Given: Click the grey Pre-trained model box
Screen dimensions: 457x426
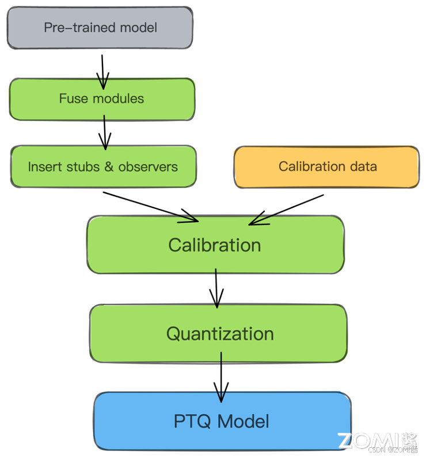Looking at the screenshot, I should click(x=100, y=27).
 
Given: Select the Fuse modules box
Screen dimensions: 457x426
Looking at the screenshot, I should click(x=102, y=99).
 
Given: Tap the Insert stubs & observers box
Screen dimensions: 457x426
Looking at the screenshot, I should click(x=103, y=167).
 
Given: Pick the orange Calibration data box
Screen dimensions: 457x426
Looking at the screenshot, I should click(x=326, y=167).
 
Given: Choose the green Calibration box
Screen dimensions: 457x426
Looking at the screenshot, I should click(x=215, y=245).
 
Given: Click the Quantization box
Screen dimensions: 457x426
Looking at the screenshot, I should click(x=219, y=334).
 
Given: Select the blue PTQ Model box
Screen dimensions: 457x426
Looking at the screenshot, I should click(x=222, y=421).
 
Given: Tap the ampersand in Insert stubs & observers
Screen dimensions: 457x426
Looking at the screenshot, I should click(x=109, y=167).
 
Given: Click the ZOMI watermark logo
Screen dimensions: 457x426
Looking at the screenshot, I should click(x=378, y=440).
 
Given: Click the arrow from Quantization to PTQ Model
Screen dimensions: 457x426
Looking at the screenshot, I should click(x=220, y=396).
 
